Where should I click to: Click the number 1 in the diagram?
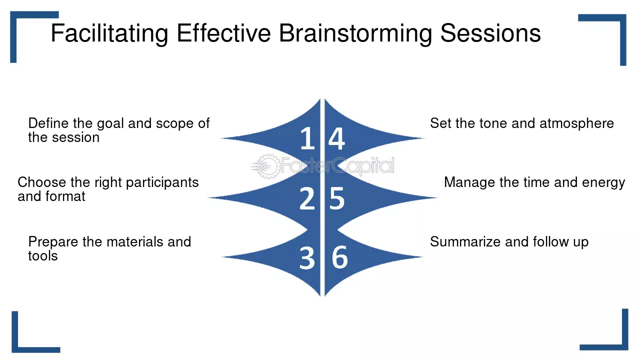(307, 138)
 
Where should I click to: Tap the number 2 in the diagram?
(307, 198)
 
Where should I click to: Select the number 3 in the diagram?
(307, 258)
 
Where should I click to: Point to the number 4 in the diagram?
(336, 138)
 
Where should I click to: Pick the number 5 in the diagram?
(337, 198)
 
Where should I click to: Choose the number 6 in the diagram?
(339, 258)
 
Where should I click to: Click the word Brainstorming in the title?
(355, 34)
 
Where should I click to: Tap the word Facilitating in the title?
(109, 34)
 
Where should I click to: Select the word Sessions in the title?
(490, 34)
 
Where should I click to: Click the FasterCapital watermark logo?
(323, 166)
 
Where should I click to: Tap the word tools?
(42, 256)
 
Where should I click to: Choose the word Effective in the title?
(223, 34)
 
